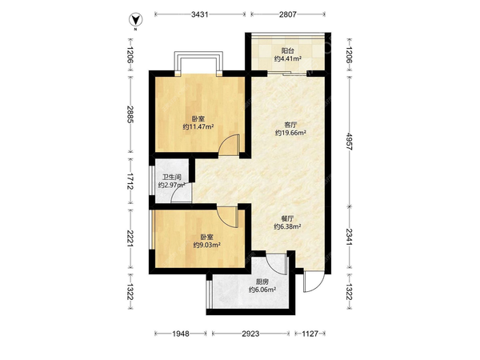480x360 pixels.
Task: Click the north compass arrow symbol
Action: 135,20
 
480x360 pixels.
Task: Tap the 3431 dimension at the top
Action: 199,14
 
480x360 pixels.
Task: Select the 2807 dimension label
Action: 288,14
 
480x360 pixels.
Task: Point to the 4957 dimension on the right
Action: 350,141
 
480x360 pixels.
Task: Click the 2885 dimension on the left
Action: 130,114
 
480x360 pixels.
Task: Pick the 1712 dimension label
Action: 130,182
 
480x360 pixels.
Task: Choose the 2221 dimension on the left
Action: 130,238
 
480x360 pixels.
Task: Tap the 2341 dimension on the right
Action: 350,237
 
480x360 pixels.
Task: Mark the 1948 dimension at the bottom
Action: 181,334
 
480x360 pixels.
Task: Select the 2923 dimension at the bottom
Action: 250,334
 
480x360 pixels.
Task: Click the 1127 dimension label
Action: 310,334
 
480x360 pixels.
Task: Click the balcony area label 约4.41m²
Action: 288,58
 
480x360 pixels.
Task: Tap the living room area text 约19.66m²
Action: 290,133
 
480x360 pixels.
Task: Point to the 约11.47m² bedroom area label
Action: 198,126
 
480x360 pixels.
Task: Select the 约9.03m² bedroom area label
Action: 207,245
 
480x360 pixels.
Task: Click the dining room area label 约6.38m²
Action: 287,226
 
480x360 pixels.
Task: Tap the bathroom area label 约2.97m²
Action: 172,186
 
